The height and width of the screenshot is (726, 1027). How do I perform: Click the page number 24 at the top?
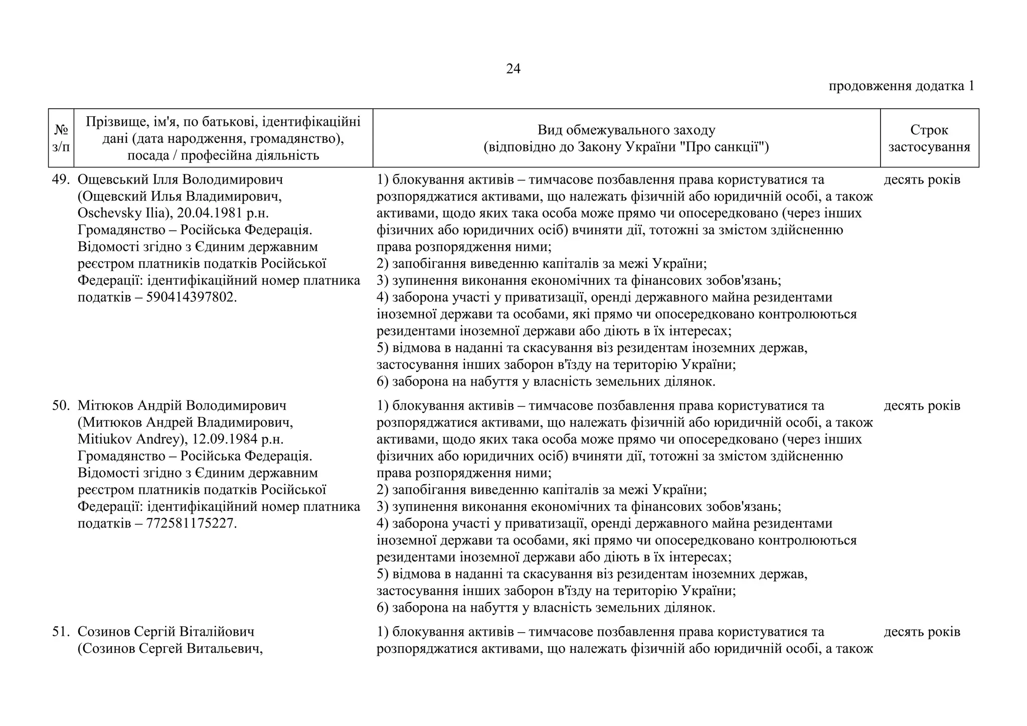[x=513, y=69]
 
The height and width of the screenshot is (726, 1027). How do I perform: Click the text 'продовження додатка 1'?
[x=901, y=86]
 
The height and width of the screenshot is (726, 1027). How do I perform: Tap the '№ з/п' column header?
[x=61, y=138]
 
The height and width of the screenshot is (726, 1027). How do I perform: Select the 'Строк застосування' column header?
[x=929, y=138]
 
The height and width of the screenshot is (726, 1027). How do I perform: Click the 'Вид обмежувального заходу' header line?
[x=626, y=130]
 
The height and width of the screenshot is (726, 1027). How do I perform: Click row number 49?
[x=61, y=179]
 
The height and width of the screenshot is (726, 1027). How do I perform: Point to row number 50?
[x=61, y=406]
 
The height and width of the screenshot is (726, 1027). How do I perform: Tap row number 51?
[x=61, y=632]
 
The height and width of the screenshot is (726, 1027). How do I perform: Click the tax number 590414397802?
[x=190, y=297]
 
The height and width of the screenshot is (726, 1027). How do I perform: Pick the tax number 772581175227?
[x=190, y=523]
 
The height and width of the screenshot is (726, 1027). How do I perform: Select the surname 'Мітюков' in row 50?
[x=106, y=406]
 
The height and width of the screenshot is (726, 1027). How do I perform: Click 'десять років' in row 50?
[x=922, y=406]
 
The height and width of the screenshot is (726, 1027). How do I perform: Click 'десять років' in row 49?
[x=922, y=179]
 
